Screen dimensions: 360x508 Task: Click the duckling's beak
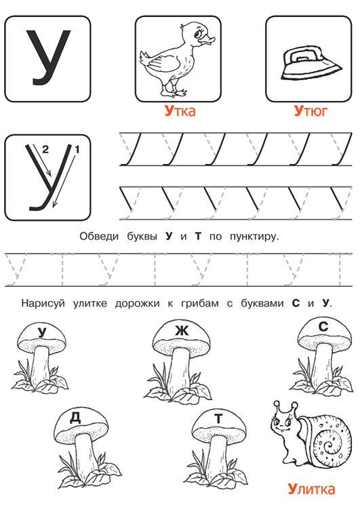207,41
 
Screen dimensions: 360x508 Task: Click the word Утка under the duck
180,111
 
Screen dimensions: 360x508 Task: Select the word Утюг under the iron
311,111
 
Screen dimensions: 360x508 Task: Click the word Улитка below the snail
311,489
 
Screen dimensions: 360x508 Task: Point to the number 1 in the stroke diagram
77,149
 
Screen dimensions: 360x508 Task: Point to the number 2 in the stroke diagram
45,149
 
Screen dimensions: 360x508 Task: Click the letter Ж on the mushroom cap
181,330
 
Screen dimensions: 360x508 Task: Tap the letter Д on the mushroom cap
75,418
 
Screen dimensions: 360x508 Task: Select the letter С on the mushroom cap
323,327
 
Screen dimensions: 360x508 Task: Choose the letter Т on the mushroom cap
218,418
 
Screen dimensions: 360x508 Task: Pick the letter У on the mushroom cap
42,333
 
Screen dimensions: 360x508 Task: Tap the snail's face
283,422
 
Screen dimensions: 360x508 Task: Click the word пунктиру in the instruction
254,237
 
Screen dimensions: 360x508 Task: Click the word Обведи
99,236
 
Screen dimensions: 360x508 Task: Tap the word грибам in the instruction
200,304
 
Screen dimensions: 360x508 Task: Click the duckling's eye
197,33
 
